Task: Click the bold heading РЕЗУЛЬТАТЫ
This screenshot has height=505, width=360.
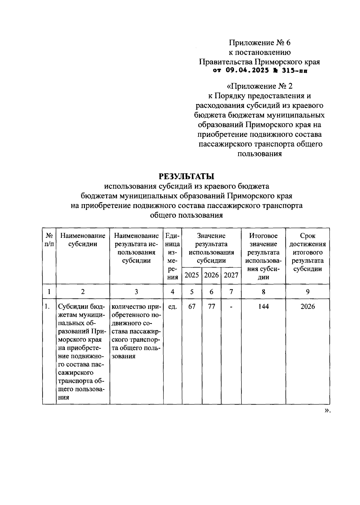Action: pyautogui.click(x=186, y=176)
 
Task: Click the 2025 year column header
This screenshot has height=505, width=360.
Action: pyautogui.click(x=192, y=275)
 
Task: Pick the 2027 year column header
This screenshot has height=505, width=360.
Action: pyautogui.click(x=231, y=275)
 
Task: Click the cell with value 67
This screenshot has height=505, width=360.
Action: pyautogui.click(x=192, y=307)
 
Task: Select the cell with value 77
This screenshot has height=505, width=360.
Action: pyautogui.click(x=211, y=307)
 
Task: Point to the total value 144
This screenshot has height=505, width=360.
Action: pyautogui.click(x=263, y=307)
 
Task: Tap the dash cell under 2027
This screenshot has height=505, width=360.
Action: pyautogui.click(x=231, y=307)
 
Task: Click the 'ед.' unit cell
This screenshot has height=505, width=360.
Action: pyautogui.click(x=172, y=307)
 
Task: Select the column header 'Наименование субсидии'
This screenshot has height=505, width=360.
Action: pyautogui.click(x=83, y=240)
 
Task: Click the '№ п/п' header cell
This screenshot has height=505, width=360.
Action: pyautogui.click(x=49, y=240)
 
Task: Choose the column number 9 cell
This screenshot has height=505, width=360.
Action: pyautogui.click(x=307, y=292)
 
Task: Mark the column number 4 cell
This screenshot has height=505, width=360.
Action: pyautogui.click(x=172, y=292)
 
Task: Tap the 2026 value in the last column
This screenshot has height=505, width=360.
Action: pyautogui.click(x=307, y=307)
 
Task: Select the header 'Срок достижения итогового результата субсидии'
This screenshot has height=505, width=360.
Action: pyautogui.click(x=307, y=252)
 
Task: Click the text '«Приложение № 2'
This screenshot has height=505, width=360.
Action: pyautogui.click(x=259, y=86)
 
